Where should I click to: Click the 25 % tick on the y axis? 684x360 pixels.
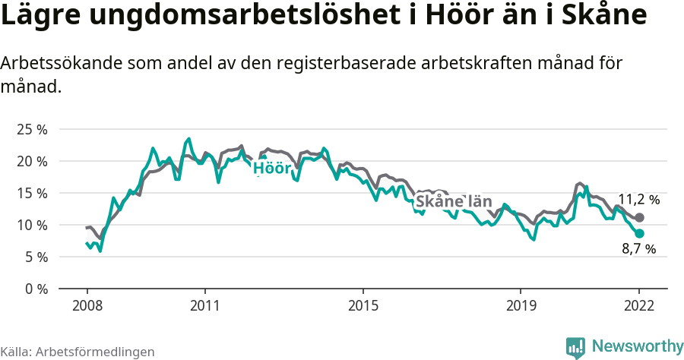pyautogui.click(x=31, y=129)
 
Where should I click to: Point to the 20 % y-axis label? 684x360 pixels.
pyautogui.click(x=31, y=161)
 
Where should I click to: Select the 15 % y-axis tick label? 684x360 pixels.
pyautogui.click(x=31, y=193)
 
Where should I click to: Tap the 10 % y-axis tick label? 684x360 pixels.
pyautogui.click(x=31, y=225)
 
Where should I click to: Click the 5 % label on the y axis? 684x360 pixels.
pyautogui.click(x=35, y=257)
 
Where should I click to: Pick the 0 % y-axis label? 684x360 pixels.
pyautogui.click(x=35, y=289)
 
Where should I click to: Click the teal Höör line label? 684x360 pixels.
pyautogui.click(x=272, y=168)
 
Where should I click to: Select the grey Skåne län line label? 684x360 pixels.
pyautogui.click(x=454, y=202)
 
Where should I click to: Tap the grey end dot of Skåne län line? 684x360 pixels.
pyautogui.click(x=639, y=218)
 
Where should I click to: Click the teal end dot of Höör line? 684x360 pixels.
pyautogui.click(x=639, y=234)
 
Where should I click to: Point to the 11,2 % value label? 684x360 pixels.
pyautogui.click(x=638, y=200)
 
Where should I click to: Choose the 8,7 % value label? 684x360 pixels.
pyautogui.click(x=638, y=249)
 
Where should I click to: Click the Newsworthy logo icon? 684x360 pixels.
pyautogui.click(x=575, y=347)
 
